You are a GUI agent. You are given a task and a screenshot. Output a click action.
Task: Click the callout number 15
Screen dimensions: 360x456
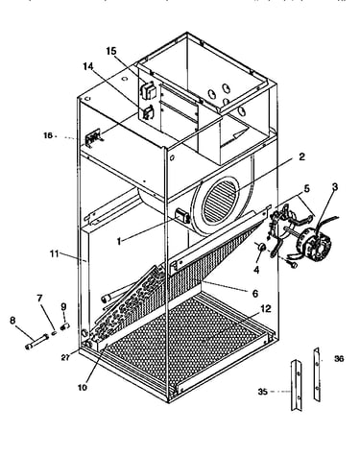coord(111,51)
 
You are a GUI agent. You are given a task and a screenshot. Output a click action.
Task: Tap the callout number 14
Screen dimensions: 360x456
coord(88,66)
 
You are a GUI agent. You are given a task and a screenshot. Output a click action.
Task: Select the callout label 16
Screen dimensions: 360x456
coord(48,135)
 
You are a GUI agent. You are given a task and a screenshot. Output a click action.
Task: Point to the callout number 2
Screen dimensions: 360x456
coord(301,156)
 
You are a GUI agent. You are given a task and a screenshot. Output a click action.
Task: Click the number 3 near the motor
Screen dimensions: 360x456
coord(335,187)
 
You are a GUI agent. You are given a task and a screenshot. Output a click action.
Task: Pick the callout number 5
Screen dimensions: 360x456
coord(306,188)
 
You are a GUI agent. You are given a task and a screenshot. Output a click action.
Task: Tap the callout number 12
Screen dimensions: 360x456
coord(266,309)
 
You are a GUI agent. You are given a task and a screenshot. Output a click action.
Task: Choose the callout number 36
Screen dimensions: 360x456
coord(339,359)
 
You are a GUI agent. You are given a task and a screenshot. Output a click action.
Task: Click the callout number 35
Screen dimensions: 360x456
coord(263,392)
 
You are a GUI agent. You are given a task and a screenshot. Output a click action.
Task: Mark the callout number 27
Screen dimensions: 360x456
coord(65,358)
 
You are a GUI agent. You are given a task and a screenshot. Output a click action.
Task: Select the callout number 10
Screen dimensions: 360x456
coord(83,387)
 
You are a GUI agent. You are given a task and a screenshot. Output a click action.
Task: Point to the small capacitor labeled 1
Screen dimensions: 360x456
coord(182,216)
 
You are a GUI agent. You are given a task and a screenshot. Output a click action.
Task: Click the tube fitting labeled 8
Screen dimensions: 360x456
coord(36,342)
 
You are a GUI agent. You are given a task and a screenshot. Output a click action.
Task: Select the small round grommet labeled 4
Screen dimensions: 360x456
coord(261,248)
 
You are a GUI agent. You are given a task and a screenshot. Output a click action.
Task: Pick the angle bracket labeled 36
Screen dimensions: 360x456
coord(317,374)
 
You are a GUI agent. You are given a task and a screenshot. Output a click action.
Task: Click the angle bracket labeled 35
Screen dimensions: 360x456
coord(296,385)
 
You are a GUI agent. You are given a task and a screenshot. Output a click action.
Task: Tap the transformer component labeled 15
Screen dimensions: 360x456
coord(148,90)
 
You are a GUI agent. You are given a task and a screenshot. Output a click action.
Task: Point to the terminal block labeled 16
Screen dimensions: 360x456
coord(93,139)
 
